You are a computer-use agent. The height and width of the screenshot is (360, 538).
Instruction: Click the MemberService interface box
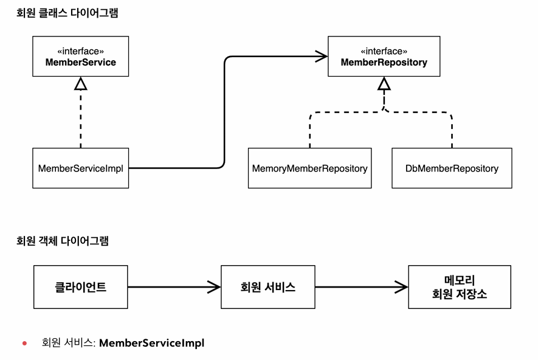coord(81,57)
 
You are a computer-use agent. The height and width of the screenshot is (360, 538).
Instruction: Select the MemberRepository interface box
coord(384,57)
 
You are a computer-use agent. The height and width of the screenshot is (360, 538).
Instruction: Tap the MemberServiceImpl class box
coord(81,168)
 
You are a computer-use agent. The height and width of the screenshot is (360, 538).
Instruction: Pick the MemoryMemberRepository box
coord(310,168)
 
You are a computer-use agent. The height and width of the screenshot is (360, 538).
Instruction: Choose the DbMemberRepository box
coord(452,168)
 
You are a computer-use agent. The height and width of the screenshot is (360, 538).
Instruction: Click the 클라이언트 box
coord(81,287)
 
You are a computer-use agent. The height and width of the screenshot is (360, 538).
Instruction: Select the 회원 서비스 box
coord(268,287)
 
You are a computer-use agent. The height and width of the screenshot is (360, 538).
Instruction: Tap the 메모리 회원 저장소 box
coord(460,287)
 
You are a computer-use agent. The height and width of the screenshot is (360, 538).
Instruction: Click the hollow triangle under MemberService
coord(81,84)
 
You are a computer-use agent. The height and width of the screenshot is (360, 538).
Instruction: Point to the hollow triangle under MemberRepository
coord(384,84)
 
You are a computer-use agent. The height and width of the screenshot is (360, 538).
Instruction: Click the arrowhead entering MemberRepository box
coord(322,57)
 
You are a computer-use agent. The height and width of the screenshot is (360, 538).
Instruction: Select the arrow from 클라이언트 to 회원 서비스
coord(174,287)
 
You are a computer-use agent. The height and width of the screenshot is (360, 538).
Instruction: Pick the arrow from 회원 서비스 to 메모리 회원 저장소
coord(362,287)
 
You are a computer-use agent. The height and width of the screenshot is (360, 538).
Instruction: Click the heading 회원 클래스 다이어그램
coord(67,13)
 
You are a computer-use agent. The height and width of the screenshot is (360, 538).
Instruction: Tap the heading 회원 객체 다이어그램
coord(63,241)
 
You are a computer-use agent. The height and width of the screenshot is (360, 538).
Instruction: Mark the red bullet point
coord(24,343)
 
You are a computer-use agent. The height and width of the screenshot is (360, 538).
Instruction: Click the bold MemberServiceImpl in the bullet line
coord(151,343)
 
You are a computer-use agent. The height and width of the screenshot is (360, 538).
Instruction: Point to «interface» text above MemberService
coord(81,51)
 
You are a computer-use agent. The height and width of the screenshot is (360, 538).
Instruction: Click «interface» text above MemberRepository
coord(384,51)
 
